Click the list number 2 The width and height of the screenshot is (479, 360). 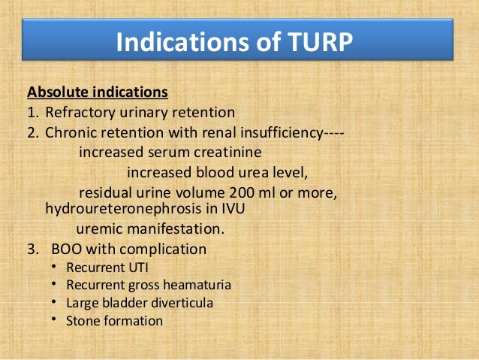tap(32, 133)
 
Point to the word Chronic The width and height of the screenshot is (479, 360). tap(70, 133)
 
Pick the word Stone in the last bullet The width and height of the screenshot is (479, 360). tap(82, 321)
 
